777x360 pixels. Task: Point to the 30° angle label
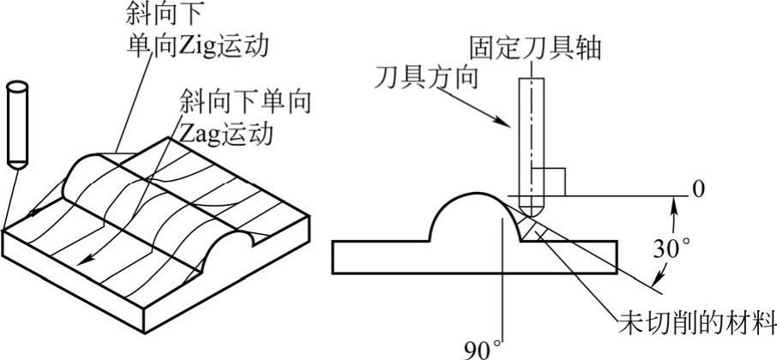pos(672,249)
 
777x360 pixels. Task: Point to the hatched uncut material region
pos(533,227)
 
